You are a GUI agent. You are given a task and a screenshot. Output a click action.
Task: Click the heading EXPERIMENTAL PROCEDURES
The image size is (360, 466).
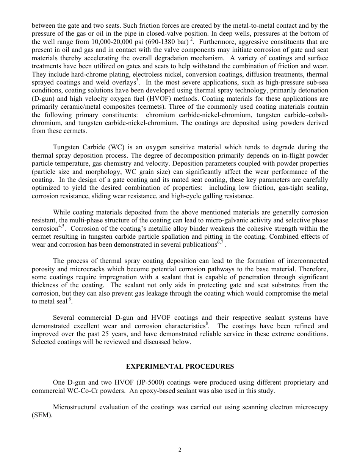point(180,366)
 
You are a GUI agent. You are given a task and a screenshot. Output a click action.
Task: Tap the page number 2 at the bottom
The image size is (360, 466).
point(180,450)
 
